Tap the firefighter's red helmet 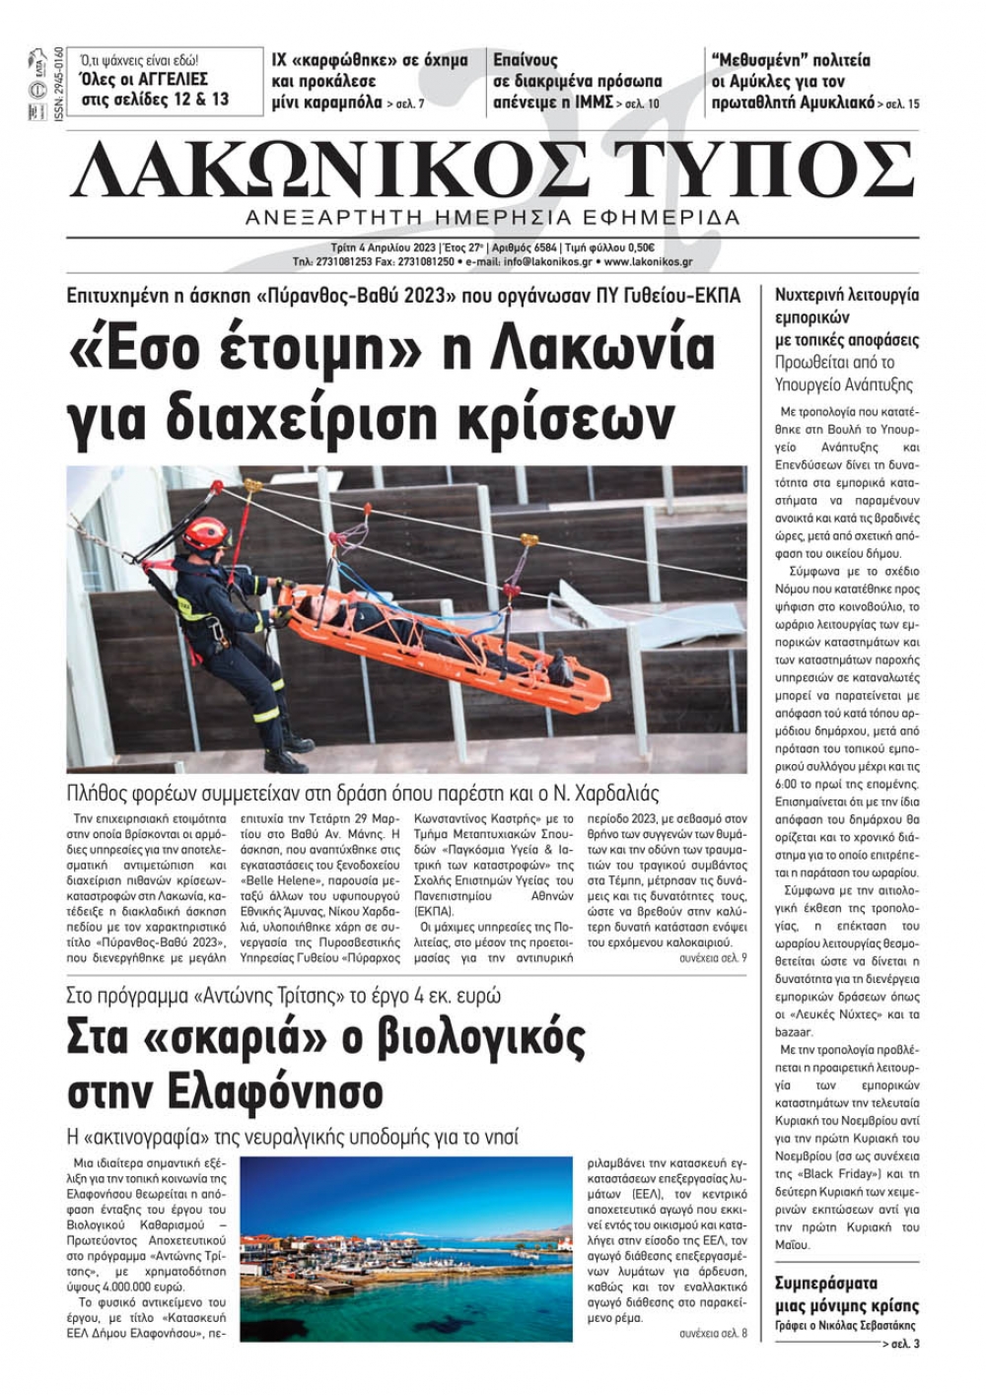(x=205, y=533)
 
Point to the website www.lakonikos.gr (x=648, y=262)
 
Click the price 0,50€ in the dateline (x=638, y=247)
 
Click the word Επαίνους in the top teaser (x=526, y=60)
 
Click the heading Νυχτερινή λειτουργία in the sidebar (x=847, y=295)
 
